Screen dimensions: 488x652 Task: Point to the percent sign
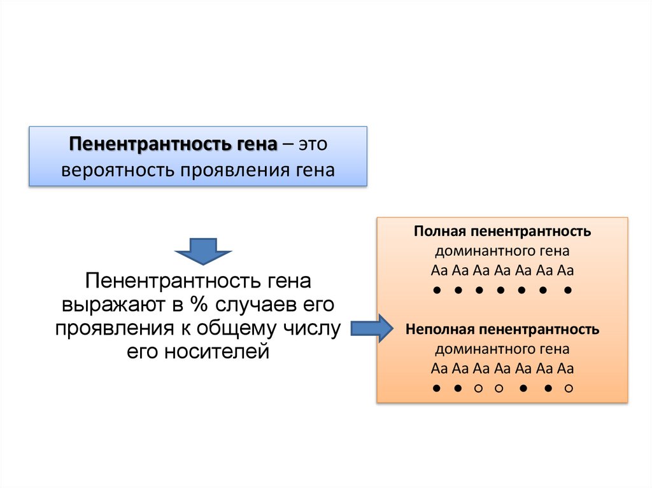194,305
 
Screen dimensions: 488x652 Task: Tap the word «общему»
237,328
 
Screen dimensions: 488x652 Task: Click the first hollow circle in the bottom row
478,387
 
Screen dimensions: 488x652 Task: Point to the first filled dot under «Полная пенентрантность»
437,290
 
